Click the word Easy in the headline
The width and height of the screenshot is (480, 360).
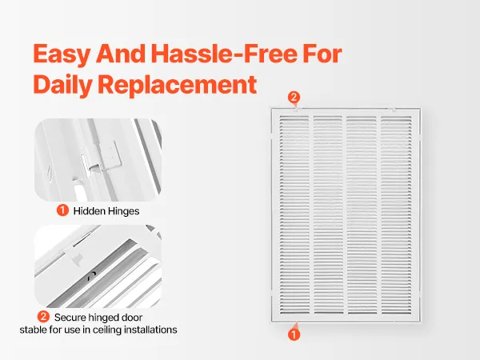coord(62,54)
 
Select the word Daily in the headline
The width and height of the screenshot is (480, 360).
coord(62,85)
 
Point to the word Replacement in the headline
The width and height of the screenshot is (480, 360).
coord(177,85)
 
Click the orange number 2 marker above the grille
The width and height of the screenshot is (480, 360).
coord(294,98)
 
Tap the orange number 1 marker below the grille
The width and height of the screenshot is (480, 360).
coord(294,334)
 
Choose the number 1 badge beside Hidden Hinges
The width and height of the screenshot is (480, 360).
coord(62,210)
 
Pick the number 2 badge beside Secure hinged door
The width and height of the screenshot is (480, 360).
coord(43,317)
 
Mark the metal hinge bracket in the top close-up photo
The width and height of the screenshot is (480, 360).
coord(109,156)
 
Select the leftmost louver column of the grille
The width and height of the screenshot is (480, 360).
coord(294,214)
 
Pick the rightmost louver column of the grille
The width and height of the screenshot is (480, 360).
coord(397,214)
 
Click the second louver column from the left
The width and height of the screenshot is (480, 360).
coord(328,214)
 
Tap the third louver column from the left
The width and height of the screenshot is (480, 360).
coord(362,214)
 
